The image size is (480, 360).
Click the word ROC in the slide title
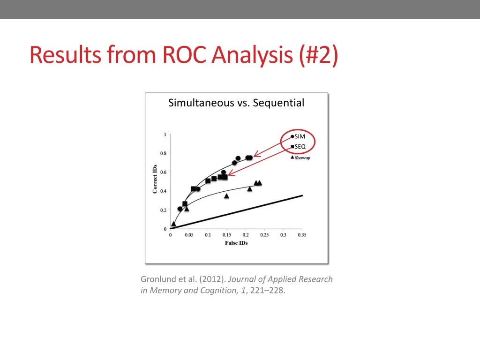pyautogui.click(x=185, y=55)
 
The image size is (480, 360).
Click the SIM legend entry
pyautogui.click(x=300, y=136)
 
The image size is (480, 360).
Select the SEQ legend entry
pyautogui.click(x=300, y=147)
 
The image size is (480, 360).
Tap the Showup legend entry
pyautogui.click(x=302, y=157)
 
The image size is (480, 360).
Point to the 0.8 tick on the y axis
pyautogui.click(x=164, y=153)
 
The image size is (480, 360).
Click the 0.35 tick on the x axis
pyautogui.click(x=301, y=235)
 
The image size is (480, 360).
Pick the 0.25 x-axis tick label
pyautogui.click(x=264, y=235)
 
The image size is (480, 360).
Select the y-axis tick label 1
pyautogui.click(x=165, y=135)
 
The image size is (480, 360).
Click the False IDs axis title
pyautogui.click(x=236, y=243)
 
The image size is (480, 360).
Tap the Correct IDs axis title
pyautogui.click(x=155, y=179)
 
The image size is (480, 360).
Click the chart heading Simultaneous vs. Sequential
pyautogui.click(x=236, y=103)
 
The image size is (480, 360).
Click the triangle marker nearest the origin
pyautogui.click(x=173, y=224)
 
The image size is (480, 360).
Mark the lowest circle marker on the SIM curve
pyautogui.click(x=180, y=209)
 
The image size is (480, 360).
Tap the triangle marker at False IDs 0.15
pyautogui.click(x=226, y=196)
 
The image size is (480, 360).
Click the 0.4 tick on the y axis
pyautogui.click(x=164, y=191)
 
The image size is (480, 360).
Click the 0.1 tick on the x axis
pyautogui.click(x=208, y=235)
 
